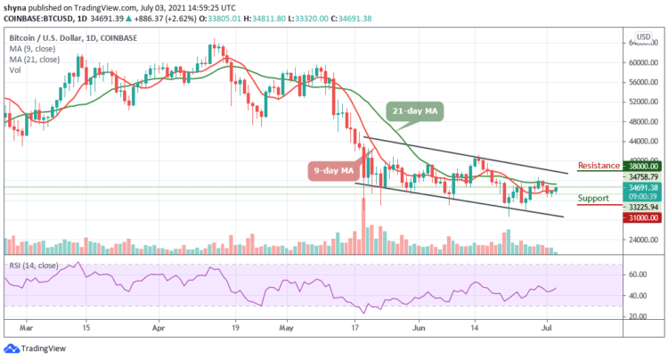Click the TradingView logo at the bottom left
coord(40,348)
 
